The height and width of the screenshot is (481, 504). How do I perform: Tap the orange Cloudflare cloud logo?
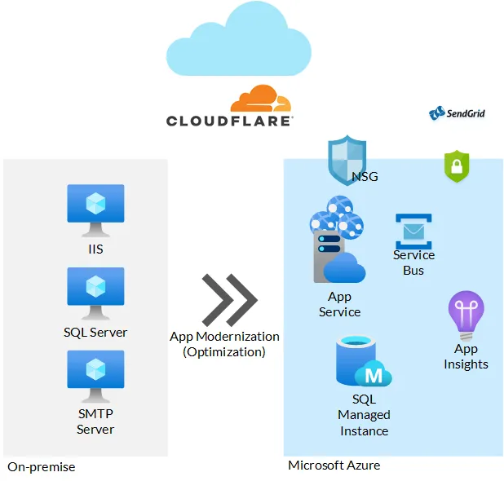click(260, 99)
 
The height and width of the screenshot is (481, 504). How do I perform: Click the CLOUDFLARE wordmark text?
click(229, 121)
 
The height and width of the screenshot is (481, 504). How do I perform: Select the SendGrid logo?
click(458, 113)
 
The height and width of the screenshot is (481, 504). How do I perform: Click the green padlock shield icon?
click(457, 166)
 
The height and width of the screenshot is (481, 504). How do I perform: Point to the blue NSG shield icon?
click(342, 160)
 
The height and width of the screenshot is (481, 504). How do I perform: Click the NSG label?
click(365, 176)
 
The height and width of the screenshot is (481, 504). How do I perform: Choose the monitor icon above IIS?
click(95, 210)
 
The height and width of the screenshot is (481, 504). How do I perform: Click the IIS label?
click(95, 249)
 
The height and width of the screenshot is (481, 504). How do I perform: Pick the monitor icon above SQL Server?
click(95, 293)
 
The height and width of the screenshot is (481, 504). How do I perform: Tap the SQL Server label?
click(95, 332)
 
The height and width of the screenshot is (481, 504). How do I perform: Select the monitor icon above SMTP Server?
click(95, 376)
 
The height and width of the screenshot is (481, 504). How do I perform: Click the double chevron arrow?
click(228, 299)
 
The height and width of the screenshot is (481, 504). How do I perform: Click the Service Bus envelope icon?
click(413, 231)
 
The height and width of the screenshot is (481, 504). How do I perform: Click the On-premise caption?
click(42, 467)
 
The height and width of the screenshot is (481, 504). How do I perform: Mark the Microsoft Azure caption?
click(334, 465)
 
